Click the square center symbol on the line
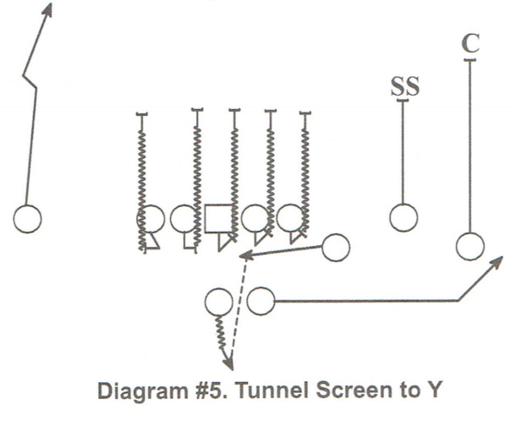pyautogui.click(x=219, y=219)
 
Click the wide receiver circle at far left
pyautogui.click(x=27, y=219)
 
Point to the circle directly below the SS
pyautogui.click(x=403, y=218)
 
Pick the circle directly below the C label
pyautogui.click(x=470, y=247)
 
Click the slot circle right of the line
pyautogui.click(x=336, y=248)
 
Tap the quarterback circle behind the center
pyautogui.click(x=219, y=301)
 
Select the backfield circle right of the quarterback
pyautogui.click(x=261, y=301)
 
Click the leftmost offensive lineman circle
pyautogui.click(x=151, y=219)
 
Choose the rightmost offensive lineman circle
pyautogui.click(x=291, y=219)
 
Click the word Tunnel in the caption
pyautogui.click(x=261, y=394)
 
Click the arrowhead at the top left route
pyautogui.click(x=48, y=8)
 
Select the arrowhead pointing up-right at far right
pyautogui.click(x=500, y=262)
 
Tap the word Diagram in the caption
pyautogui.click(x=142, y=394)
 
